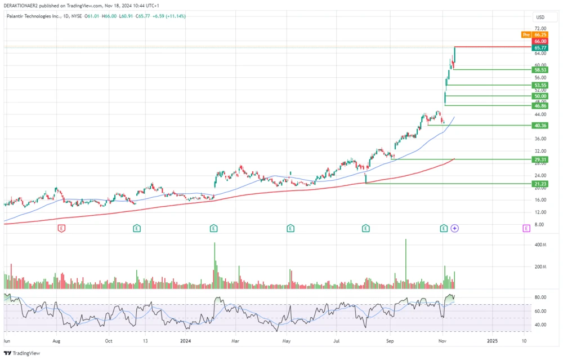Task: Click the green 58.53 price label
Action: [x=540, y=70]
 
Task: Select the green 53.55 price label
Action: [x=540, y=85]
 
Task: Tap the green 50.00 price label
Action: [x=540, y=96]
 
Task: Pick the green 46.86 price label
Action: [x=540, y=106]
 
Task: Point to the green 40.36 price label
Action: [x=540, y=126]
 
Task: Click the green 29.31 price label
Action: [x=540, y=159]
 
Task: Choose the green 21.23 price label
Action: [x=540, y=184]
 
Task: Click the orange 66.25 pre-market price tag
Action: [x=540, y=35]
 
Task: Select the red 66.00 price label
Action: [x=540, y=41]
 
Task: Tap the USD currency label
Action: [x=540, y=17]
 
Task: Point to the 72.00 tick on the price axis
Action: [x=540, y=28]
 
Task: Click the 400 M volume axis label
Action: [x=540, y=245]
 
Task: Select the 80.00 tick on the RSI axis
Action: [x=540, y=297]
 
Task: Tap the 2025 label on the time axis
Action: [x=492, y=341]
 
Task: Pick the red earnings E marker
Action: [x=61, y=228]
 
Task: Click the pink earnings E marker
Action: [x=526, y=228]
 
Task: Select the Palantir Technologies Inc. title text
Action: [x=33, y=16]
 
